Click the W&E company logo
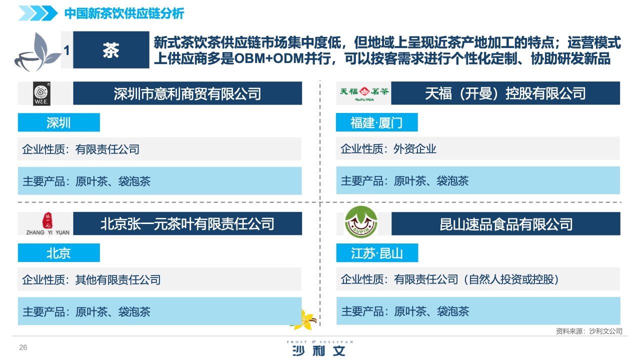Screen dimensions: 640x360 [41, 93]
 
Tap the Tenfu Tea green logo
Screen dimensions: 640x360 [364, 93]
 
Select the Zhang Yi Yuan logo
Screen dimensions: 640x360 [47, 224]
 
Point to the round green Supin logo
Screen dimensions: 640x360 [361, 222]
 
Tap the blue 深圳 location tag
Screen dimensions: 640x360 [59, 122]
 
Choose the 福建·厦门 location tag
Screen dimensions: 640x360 [376, 122]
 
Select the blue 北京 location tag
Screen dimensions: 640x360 [59, 252]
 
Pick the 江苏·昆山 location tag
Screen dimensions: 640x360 [377, 252]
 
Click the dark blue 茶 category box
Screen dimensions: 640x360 [111, 49]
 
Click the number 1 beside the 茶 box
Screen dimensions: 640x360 [67, 50]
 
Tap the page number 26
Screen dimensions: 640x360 [23, 347]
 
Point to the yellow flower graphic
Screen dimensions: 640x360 [304, 319]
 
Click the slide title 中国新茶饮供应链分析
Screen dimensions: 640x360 [124, 13]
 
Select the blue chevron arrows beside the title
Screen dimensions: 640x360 [38, 13]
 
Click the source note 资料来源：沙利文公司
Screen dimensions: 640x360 [589, 331]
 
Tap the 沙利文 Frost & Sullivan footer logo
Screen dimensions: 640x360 [320, 348]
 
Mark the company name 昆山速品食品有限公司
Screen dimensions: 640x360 [505, 224]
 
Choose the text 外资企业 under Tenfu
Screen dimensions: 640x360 [415, 149]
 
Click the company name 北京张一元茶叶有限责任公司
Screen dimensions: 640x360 [187, 223]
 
